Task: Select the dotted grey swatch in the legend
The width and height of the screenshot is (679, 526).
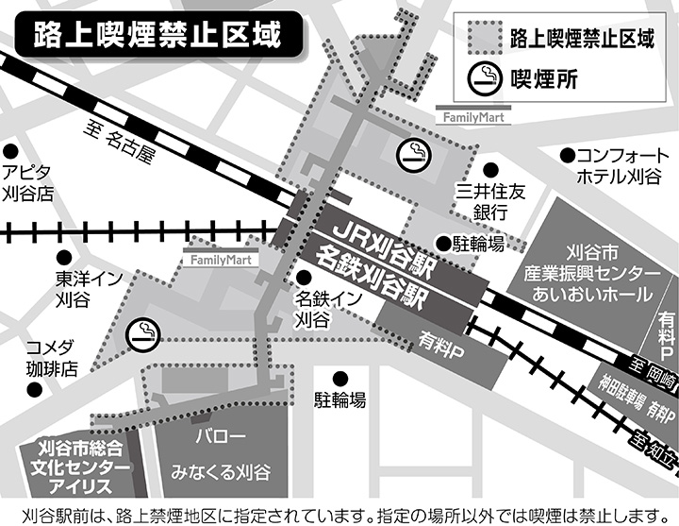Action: click(485, 38)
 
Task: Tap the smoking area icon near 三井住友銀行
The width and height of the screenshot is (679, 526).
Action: click(412, 151)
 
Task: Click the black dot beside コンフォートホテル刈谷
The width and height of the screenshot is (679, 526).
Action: click(567, 155)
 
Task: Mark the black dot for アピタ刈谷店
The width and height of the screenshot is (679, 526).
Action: click(11, 152)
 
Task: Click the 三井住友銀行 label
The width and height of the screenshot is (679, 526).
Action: click(488, 201)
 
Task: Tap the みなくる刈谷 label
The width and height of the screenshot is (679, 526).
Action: click(221, 470)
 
